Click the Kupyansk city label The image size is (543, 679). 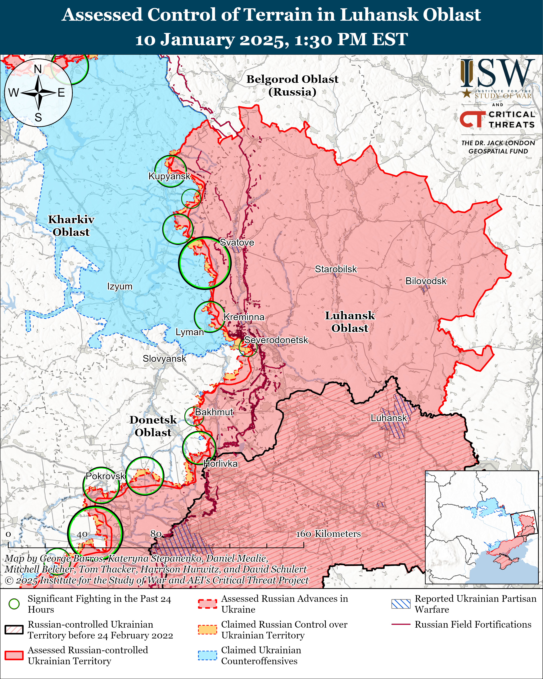169,176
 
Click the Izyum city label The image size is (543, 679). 120,286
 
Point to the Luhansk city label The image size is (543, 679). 389,418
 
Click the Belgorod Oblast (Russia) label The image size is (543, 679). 292,85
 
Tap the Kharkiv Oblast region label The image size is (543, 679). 71,226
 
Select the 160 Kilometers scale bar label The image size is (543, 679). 328,534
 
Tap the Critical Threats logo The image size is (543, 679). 497,119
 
